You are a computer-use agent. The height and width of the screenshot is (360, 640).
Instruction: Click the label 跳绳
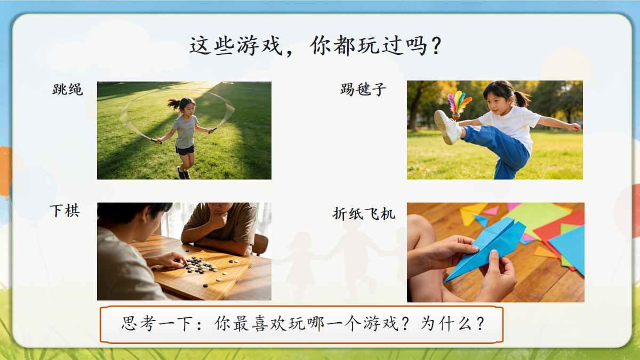coord(68,90)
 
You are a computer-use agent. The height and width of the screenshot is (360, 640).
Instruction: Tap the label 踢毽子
coord(363,89)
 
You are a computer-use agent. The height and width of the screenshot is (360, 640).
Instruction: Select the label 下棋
coord(65,211)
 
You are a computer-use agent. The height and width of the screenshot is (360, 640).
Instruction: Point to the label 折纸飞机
coord(364,214)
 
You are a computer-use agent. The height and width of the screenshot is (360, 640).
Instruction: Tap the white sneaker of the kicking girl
coord(447,127)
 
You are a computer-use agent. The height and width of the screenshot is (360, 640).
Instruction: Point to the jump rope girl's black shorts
coord(185,150)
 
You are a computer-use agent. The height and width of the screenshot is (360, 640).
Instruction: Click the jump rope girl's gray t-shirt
coord(186,131)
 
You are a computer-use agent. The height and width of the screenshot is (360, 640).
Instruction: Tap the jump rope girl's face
coord(187,107)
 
